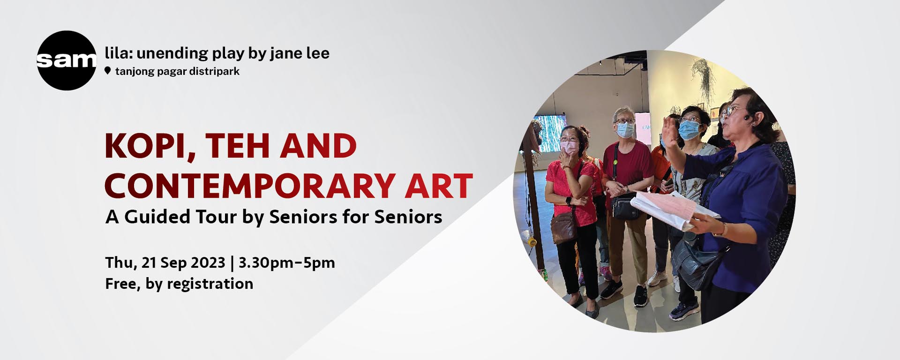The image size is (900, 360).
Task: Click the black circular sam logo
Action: coord(67,60)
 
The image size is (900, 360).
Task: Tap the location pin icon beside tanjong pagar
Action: coord(108,71)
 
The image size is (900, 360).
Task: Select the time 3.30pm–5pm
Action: coord(287,262)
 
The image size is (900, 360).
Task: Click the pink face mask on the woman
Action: coord(570,147)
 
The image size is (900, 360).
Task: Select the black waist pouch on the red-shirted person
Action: coord(625,208)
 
